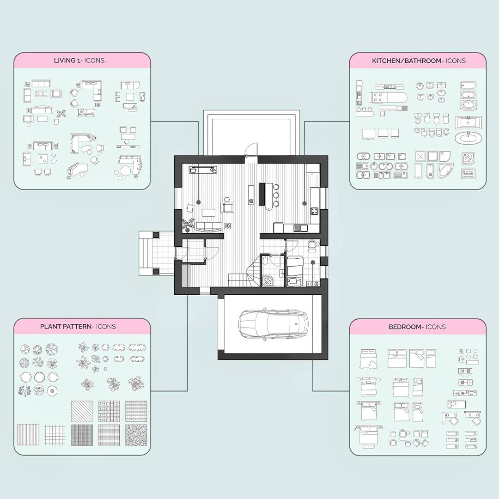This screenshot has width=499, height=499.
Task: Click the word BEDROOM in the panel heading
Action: tap(405, 327)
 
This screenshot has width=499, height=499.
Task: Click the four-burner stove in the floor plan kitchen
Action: tap(314, 212)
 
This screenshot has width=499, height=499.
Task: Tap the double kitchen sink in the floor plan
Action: tap(301, 228)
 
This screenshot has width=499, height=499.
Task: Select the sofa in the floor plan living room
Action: tap(209, 226)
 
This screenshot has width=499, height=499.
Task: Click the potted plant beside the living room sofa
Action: tap(189, 224)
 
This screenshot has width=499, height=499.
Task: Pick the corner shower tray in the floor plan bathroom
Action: tap(268, 280)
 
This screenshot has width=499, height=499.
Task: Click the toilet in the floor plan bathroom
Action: tap(265, 262)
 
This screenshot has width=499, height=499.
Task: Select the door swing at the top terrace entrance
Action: tap(249, 150)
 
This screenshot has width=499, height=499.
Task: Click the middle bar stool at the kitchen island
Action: tap(276, 195)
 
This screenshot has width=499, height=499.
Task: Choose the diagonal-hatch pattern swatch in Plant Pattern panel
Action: tap(82, 411)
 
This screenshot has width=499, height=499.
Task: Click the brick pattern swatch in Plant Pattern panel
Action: tap(136, 411)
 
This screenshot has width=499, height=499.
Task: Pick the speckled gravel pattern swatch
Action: tap(136, 435)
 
